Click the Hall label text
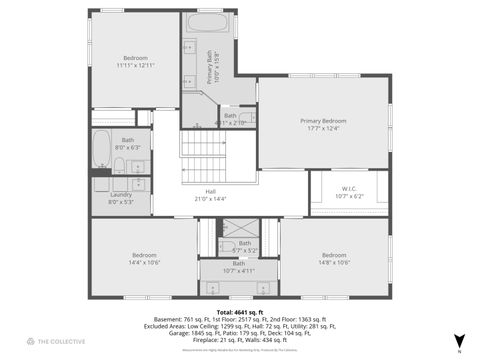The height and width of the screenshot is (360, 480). tap(210, 191)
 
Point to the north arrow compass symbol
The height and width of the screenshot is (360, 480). tap(458, 342)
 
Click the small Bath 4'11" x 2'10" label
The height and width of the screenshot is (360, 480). tap(231, 119)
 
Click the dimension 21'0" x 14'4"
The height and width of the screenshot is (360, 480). tap(210, 199)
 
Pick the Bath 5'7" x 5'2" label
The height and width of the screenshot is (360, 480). tap(243, 246)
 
